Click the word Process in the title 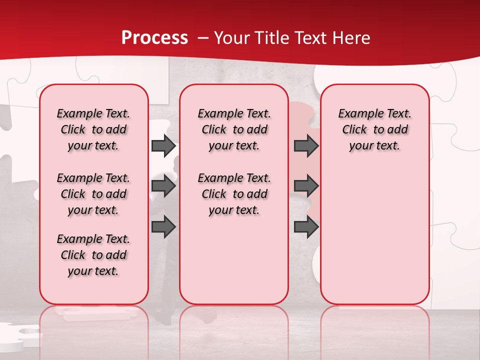click(x=154, y=38)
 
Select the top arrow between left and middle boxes click(x=163, y=145)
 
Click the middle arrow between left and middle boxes click(x=163, y=186)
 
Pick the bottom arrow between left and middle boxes click(x=163, y=227)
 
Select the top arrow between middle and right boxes click(x=306, y=145)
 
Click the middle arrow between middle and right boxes click(x=306, y=186)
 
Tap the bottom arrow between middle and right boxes click(x=306, y=227)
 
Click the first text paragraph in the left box click(x=93, y=129)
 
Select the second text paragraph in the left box click(x=93, y=194)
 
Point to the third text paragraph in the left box click(x=93, y=255)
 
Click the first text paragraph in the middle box click(x=234, y=129)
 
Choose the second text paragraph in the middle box click(x=234, y=194)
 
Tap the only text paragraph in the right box click(x=374, y=129)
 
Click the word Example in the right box click(x=357, y=114)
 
